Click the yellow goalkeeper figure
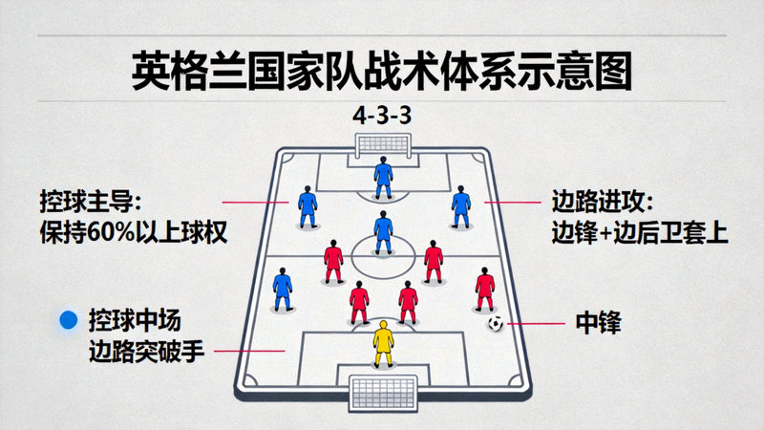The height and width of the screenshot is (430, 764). click(384, 344)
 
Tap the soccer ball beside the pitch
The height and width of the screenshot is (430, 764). click(496, 323)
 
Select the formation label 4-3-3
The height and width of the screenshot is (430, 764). click(382, 116)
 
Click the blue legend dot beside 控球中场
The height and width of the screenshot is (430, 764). click(68, 320)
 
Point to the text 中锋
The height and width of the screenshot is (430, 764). click(599, 323)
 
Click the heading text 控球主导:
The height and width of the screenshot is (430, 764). click(91, 202)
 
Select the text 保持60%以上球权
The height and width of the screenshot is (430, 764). click(134, 232)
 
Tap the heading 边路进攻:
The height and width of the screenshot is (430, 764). click(603, 202)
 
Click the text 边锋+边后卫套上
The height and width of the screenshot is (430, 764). click(640, 232)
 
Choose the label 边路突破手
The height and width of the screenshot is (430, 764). click(146, 351)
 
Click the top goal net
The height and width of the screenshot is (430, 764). click(383, 145)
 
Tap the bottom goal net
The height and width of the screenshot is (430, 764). click(383, 393)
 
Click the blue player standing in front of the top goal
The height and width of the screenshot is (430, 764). click(384, 178)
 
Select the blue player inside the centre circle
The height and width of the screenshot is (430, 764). click(384, 232)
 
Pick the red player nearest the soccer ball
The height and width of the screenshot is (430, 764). click(485, 290)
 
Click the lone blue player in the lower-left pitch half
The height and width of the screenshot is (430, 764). click(283, 290)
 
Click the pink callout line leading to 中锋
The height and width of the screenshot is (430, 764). click(536, 323)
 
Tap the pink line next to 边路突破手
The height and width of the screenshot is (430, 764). click(249, 351)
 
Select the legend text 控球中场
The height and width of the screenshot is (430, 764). click(135, 320)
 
